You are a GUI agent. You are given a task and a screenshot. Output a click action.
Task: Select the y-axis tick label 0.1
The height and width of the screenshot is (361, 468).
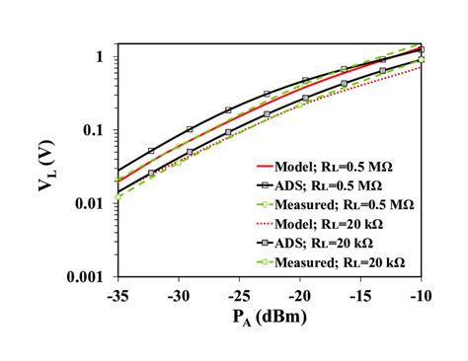click(94, 130)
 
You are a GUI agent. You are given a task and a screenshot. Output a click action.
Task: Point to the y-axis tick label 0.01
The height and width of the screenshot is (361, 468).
click(90, 203)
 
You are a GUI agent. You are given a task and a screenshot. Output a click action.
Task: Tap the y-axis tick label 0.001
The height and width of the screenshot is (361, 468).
click(86, 276)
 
